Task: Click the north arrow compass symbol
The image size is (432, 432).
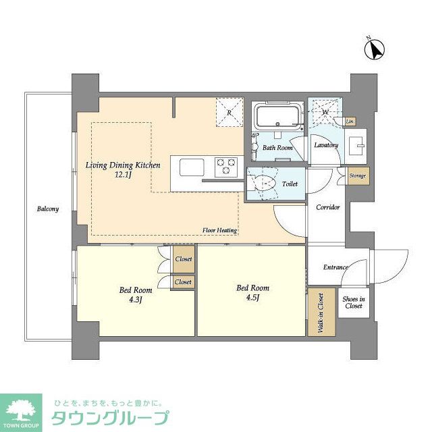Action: point(374,49)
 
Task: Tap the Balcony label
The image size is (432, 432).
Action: point(47,209)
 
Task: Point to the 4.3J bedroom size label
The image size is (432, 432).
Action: point(135,299)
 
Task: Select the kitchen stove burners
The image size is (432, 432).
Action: point(226,163)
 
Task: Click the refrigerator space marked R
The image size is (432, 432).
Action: point(229,113)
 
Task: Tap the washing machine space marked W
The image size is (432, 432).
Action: point(325,112)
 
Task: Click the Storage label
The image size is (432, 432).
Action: point(358,176)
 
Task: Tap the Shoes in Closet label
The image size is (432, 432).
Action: point(353,302)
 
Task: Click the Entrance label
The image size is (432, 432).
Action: point(335,267)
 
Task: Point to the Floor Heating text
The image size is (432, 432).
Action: point(219,231)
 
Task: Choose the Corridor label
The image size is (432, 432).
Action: point(328,207)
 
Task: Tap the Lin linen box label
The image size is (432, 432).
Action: point(350,122)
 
